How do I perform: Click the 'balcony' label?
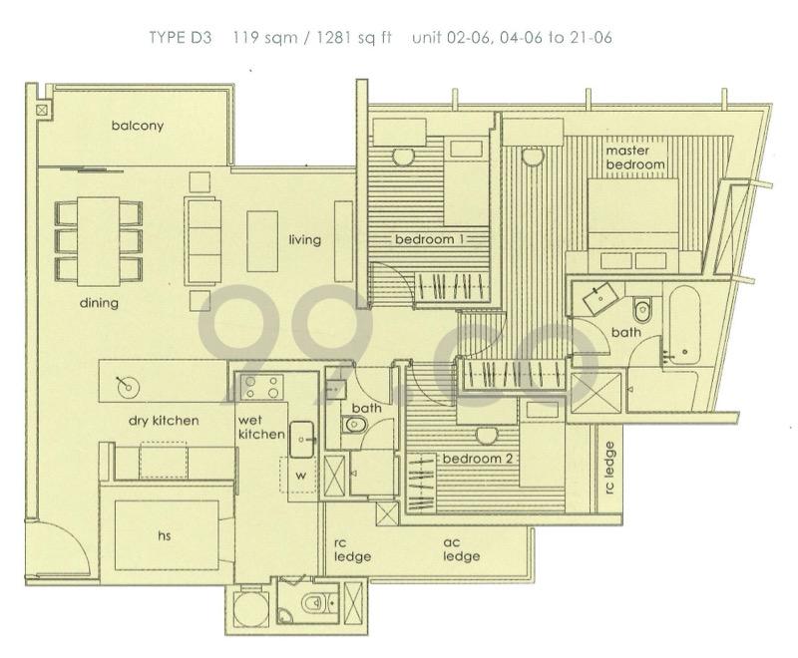pyautogui.click(x=137, y=126)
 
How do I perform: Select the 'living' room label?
pyautogui.click(x=304, y=240)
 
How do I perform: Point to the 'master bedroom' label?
pyautogui.click(x=635, y=158)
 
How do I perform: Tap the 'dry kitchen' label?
pyautogui.click(x=164, y=421)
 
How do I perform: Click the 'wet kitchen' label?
pyautogui.click(x=257, y=428)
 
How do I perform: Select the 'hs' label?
pyautogui.click(x=166, y=536)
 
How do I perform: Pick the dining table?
pyautogui.click(x=99, y=240)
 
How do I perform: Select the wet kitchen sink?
pyautogui.click(x=303, y=434)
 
